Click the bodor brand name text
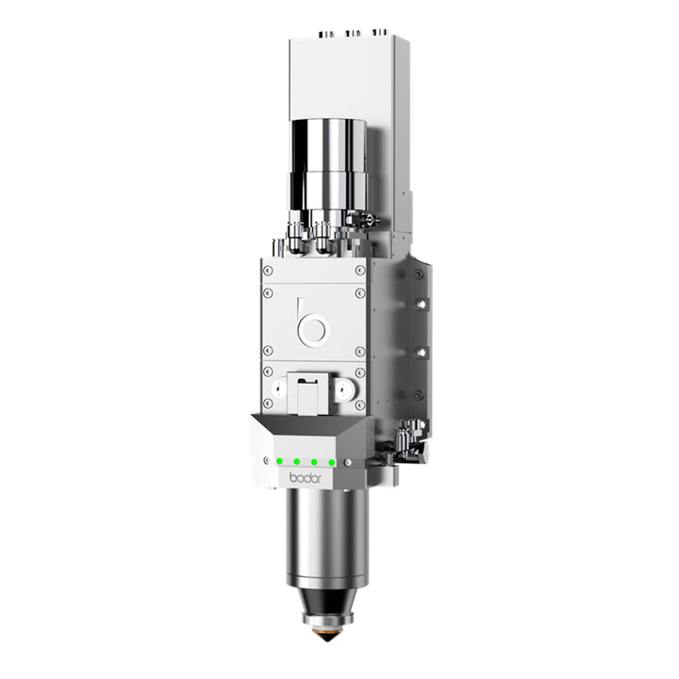(306, 478)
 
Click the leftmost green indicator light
(280, 461)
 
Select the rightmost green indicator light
(332, 463)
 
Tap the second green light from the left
(297, 461)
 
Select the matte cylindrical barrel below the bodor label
(327, 537)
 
